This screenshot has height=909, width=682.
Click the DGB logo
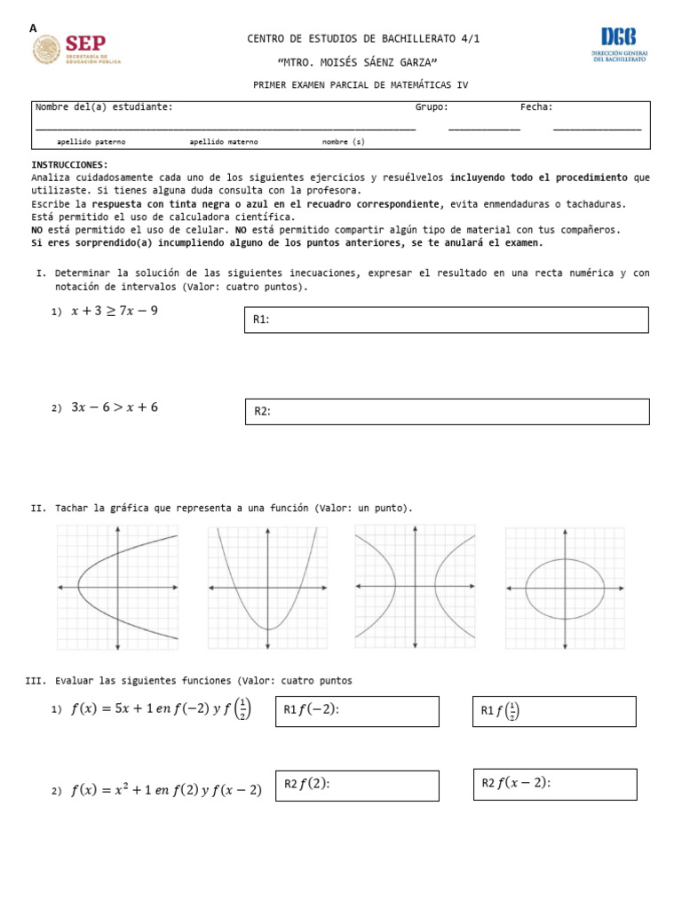pyautogui.click(x=618, y=44)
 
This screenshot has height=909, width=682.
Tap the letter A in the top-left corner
pyautogui.click(x=34, y=28)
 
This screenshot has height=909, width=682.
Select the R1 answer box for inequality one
pyautogui.click(x=446, y=320)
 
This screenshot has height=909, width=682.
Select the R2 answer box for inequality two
pyautogui.click(x=446, y=411)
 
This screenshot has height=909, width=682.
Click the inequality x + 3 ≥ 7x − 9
pyautogui.click(x=115, y=311)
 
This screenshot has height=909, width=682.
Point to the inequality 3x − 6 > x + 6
pyautogui.click(x=115, y=407)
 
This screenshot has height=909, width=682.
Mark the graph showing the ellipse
pyautogui.click(x=565, y=587)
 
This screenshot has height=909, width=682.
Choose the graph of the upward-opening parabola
pyautogui.click(x=267, y=587)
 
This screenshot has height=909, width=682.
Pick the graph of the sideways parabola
pyautogui.click(x=118, y=587)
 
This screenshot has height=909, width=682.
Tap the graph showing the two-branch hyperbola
pyautogui.click(x=415, y=587)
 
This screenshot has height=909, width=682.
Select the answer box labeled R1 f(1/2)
pyautogui.click(x=554, y=711)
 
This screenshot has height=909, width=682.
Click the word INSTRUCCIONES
pyautogui.click(x=69, y=165)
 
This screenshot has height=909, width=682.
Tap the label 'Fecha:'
pyautogui.click(x=536, y=107)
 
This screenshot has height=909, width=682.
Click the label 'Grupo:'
pyautogui.click(x=432, y=107)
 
